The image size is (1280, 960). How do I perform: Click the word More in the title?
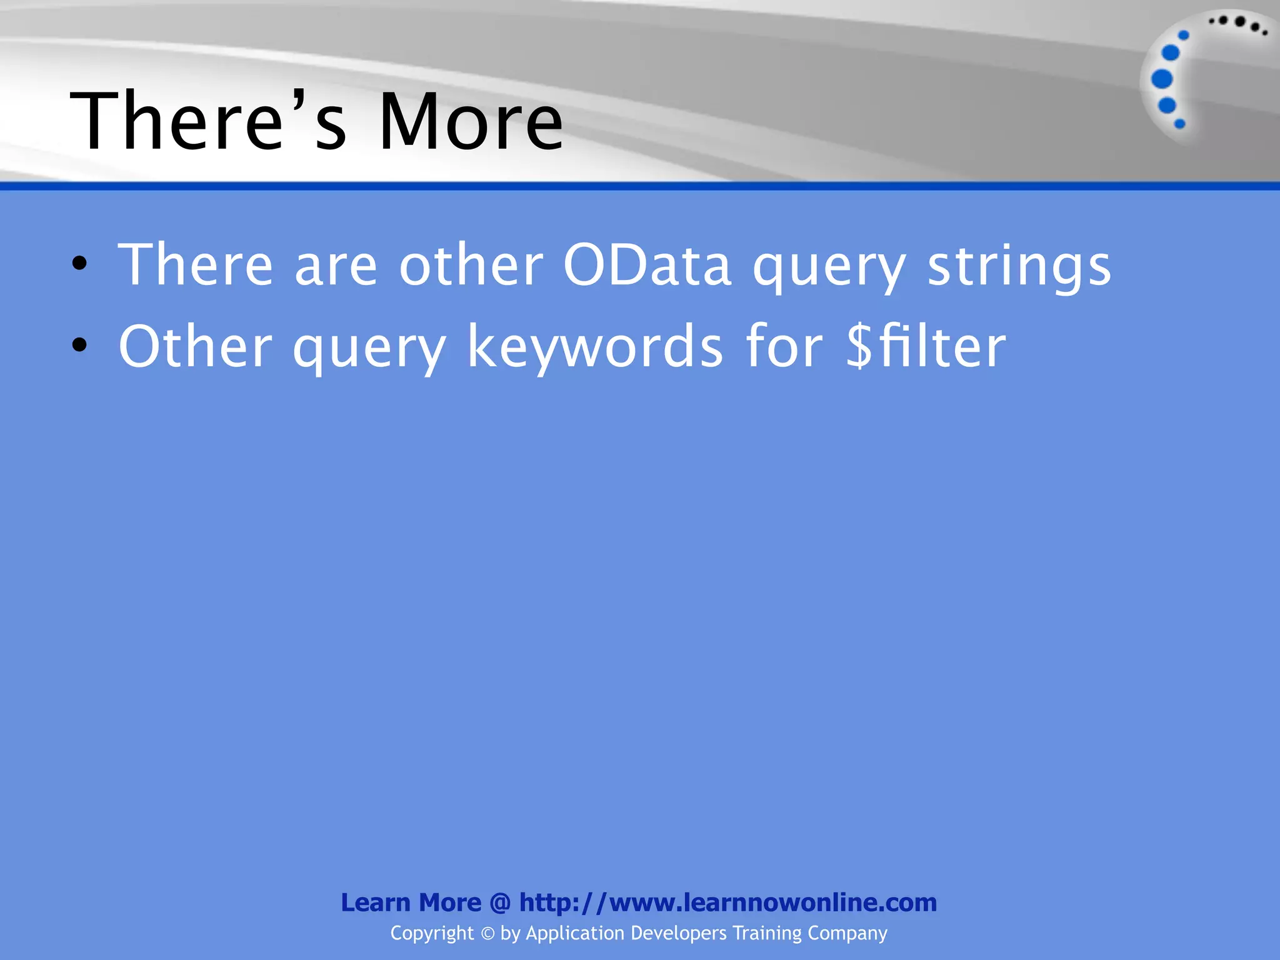471,121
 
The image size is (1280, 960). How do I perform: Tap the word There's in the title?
208,121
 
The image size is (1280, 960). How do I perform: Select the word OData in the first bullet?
647,266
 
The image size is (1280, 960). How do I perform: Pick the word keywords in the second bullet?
595,347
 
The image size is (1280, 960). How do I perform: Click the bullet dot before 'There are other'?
79,264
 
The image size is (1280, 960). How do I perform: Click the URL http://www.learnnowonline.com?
728,902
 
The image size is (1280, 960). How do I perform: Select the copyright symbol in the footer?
487,934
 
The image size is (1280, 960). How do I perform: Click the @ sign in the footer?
500,903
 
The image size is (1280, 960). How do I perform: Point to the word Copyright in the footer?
432,933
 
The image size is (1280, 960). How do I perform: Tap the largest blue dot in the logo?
1162,79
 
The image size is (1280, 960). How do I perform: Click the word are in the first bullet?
336,266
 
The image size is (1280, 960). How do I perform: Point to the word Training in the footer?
767,933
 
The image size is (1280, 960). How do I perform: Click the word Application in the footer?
575,933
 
